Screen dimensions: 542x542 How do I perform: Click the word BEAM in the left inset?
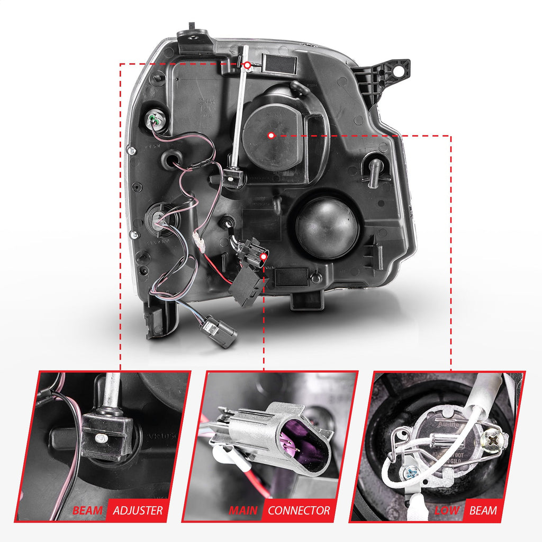click(88, 511)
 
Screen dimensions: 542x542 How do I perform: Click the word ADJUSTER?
click(138, 511)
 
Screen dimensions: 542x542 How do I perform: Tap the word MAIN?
click(243, 511)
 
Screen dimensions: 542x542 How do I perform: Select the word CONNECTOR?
click(299, 511)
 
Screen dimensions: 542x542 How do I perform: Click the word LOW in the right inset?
click(446, 511)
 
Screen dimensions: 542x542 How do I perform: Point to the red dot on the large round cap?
click(271, 135)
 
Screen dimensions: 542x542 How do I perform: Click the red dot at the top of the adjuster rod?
click(247, 65)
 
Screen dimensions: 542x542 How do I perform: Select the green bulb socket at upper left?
click(156, 121)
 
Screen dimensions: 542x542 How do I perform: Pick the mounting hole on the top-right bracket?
click(401, 68)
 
